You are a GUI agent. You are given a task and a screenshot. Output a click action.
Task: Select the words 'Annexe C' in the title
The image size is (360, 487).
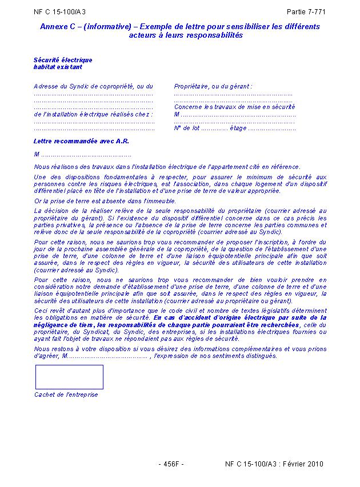55,27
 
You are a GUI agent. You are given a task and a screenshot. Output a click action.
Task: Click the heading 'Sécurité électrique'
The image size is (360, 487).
63,60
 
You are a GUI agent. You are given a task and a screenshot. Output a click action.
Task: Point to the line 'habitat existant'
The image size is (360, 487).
58,67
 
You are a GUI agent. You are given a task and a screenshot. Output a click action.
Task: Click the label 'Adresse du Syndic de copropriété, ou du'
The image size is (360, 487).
94,86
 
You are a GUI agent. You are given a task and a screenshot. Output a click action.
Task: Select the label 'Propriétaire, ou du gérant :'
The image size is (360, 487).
213,86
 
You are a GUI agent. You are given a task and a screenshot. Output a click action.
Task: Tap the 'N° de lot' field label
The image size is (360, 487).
186,128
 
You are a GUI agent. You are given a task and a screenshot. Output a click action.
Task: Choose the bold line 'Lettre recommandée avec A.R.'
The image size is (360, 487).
82,141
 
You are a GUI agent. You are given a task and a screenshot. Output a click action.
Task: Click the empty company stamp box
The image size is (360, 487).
69,377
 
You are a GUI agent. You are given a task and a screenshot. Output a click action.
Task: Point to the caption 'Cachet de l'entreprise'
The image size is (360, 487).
66,395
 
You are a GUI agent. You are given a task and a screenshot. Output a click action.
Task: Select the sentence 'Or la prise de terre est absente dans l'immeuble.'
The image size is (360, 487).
105,201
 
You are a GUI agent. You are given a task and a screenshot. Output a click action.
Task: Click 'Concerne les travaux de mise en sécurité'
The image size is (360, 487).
234,107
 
